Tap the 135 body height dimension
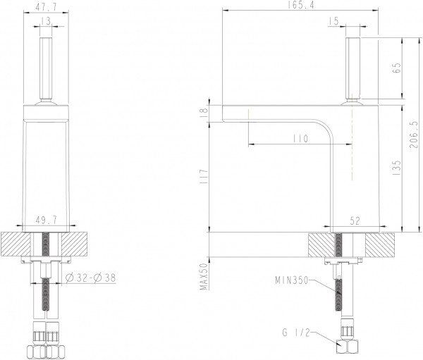[396, 167]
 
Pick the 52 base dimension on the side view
[355, 221]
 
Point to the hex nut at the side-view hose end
[345, 348]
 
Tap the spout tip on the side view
[225, 113]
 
